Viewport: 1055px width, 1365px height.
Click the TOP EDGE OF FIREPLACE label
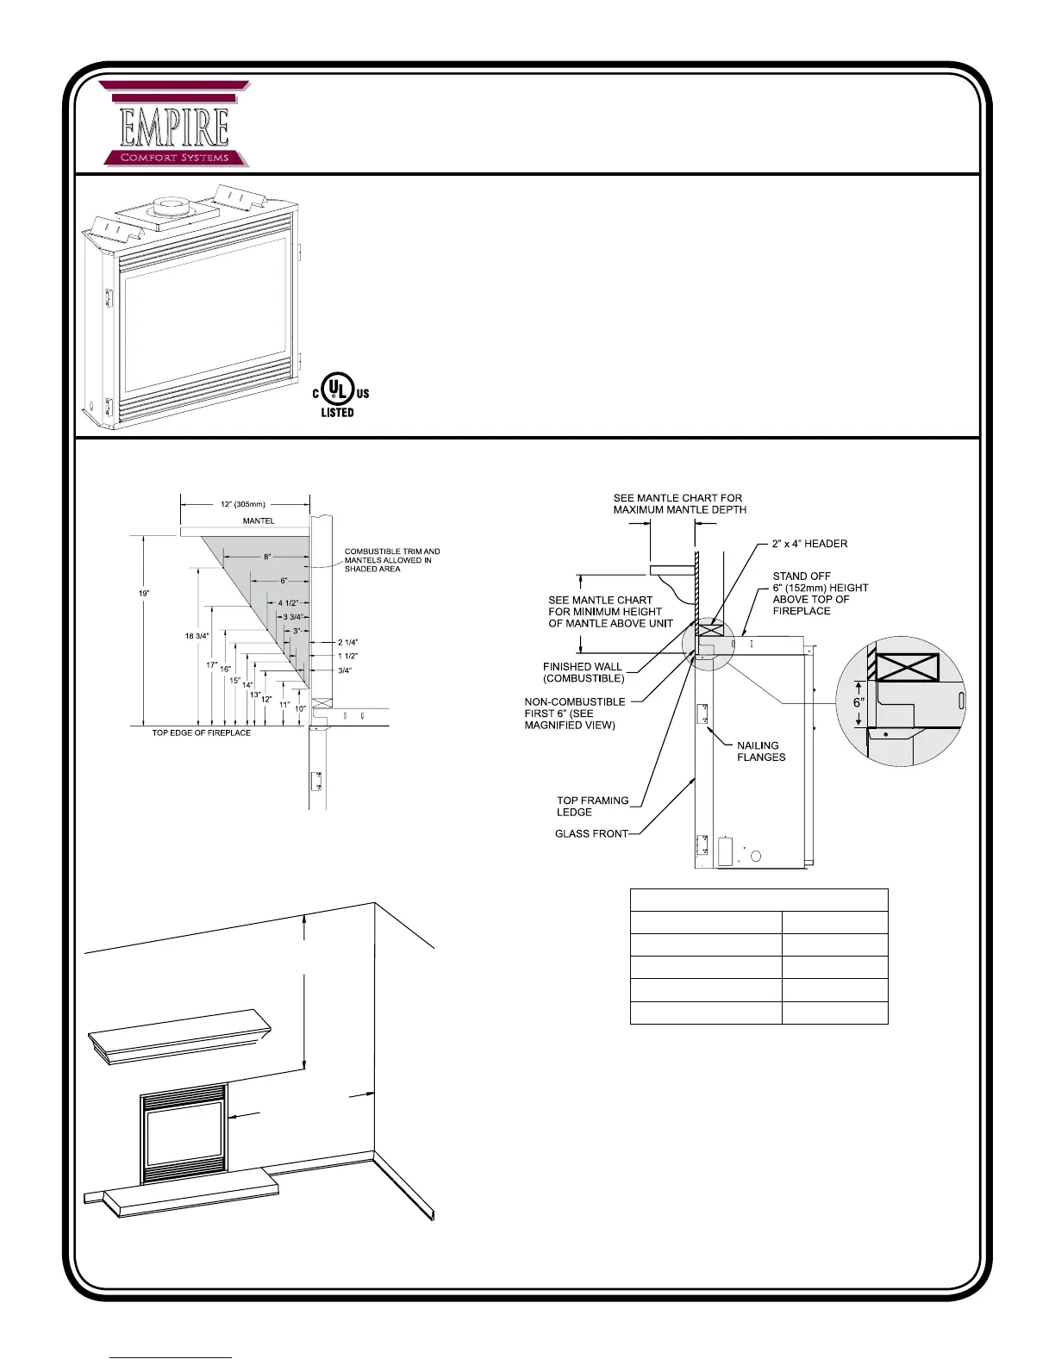coord(202,732)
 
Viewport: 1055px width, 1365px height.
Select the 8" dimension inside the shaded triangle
coord(267,557)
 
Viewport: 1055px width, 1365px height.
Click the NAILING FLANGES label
coord(761,751)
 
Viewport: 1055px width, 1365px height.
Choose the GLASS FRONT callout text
coord(591,833)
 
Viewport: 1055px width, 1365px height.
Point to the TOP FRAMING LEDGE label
coord(592,806)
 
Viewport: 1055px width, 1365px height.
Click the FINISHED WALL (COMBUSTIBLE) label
coord(584,672)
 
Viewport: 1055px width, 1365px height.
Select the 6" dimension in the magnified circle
coord(858,702)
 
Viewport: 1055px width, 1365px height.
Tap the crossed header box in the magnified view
coord(908,666)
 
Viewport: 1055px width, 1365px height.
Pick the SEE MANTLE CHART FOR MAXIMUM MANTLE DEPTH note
coord(679,503)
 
